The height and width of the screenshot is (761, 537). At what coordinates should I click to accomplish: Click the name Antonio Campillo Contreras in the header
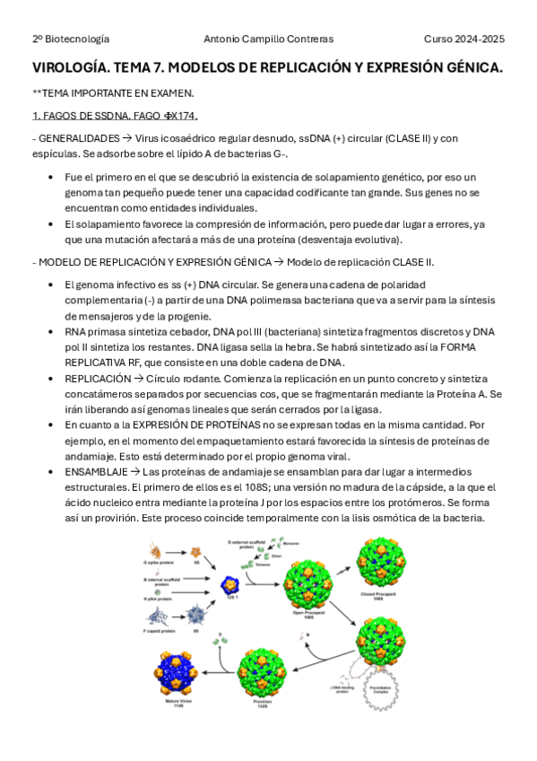pos(268,39)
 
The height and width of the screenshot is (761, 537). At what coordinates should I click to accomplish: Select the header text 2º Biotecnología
pos(71,39)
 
